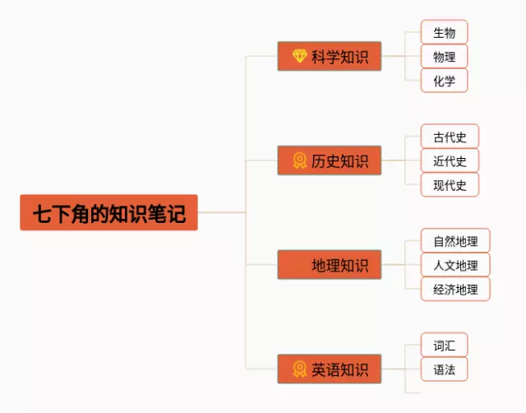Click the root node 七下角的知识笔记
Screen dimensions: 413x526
[108, 212]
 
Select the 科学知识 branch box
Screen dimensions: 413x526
[330, 57]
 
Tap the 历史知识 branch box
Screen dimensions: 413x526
[330, 160]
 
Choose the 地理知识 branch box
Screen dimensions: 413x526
[330, 265]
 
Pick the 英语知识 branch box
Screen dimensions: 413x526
[330, 369]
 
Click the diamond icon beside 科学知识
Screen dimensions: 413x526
[299, 57]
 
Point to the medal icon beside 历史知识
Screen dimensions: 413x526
[299, 160]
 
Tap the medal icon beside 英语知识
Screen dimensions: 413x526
[299, 369]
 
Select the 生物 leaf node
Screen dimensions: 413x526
[444, 33]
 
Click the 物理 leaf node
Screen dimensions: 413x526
[444, 57]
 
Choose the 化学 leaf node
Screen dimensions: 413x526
[444, 81]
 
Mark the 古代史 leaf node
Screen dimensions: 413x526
[450, 137]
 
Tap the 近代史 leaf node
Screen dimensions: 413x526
[450, 160]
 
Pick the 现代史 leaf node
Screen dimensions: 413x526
[450, 185]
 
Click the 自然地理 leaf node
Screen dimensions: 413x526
[455, 241]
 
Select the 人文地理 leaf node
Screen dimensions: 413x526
[455, 265]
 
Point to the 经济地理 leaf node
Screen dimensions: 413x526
[455, 289]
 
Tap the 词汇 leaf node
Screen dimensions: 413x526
[444, 345]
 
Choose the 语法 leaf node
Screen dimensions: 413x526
[444, 369]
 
